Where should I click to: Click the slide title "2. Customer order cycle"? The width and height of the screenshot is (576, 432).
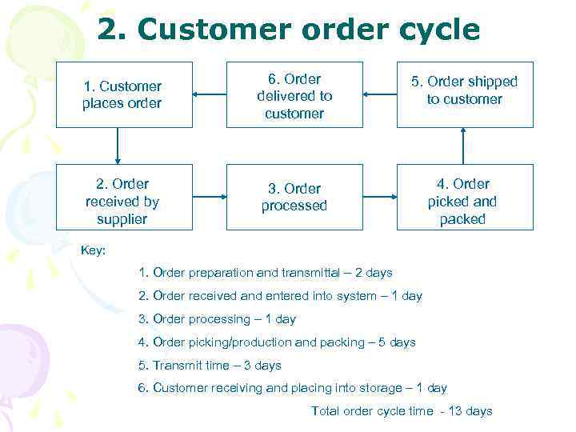tap(288, 30)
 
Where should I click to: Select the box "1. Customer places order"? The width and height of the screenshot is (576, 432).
tap(124, 94)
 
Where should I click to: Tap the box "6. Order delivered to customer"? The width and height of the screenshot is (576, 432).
tap(294, 95)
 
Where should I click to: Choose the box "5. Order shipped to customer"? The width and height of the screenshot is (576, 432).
tap(465, 90)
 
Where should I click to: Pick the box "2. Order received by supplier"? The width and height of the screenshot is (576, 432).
tap(124, 201)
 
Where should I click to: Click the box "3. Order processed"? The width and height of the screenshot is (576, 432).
tap(294, 197)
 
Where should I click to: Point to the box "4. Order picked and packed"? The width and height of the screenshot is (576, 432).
tap(465, 201)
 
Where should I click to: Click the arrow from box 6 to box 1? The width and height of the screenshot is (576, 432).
tap(210, 94)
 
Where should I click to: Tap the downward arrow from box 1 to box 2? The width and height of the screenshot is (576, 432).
tap(118, 145)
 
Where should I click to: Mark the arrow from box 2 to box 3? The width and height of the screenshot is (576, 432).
tap(210, 197)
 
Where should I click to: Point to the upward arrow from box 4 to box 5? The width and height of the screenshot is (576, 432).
tap(464, 145)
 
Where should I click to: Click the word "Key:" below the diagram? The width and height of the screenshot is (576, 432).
tap(94, 250)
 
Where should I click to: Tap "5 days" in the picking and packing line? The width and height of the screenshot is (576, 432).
tap(397, 342)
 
